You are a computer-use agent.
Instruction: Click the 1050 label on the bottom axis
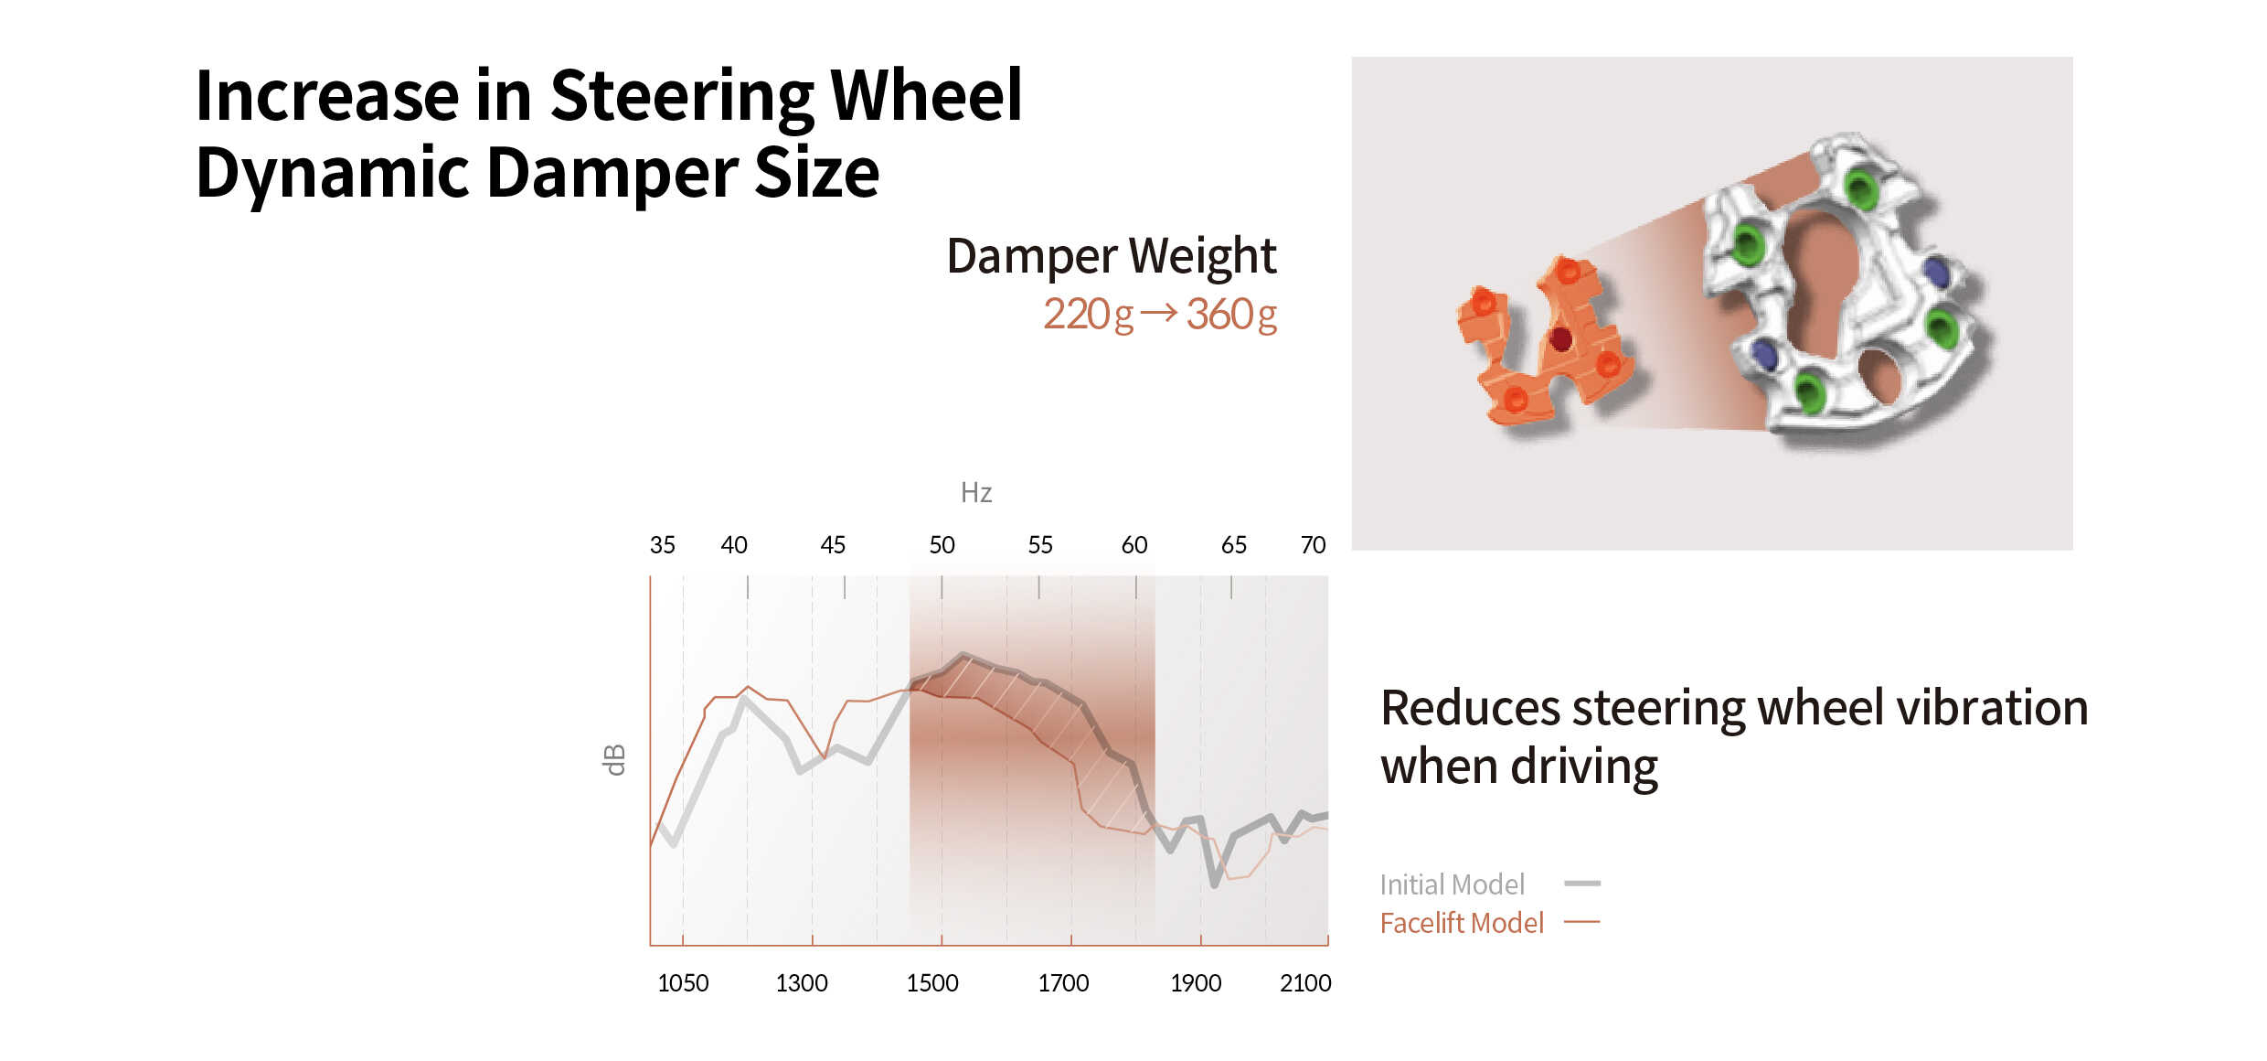[x=683, y=983]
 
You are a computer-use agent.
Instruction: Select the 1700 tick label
[x=1063, y=983]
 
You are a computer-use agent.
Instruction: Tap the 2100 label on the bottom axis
[x=1305, y=983]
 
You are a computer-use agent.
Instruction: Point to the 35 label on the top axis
[x=662, y=545]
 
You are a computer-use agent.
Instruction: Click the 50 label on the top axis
[x=942, y=545]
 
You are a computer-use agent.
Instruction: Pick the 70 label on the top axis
[x=1313, y=545]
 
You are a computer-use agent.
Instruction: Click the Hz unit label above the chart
[x=976, y=493]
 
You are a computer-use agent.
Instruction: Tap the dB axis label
[x=615, y=760]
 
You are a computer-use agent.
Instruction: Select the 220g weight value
[x=1088, y=315]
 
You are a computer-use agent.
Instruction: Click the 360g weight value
[x=1231, y=315]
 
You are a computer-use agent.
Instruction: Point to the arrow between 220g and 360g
[x=1159, y=313]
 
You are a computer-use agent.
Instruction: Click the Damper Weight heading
[x=1111, y=256]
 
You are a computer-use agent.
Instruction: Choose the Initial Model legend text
[x=1452, y=884]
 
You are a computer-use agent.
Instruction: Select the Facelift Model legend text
[x=1462, y=923]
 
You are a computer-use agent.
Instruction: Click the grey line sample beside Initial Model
[x=1582, y=884]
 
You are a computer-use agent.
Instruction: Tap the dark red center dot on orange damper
[x=1561, y=339]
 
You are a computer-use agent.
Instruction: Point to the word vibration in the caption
[x=1992, y=708]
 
